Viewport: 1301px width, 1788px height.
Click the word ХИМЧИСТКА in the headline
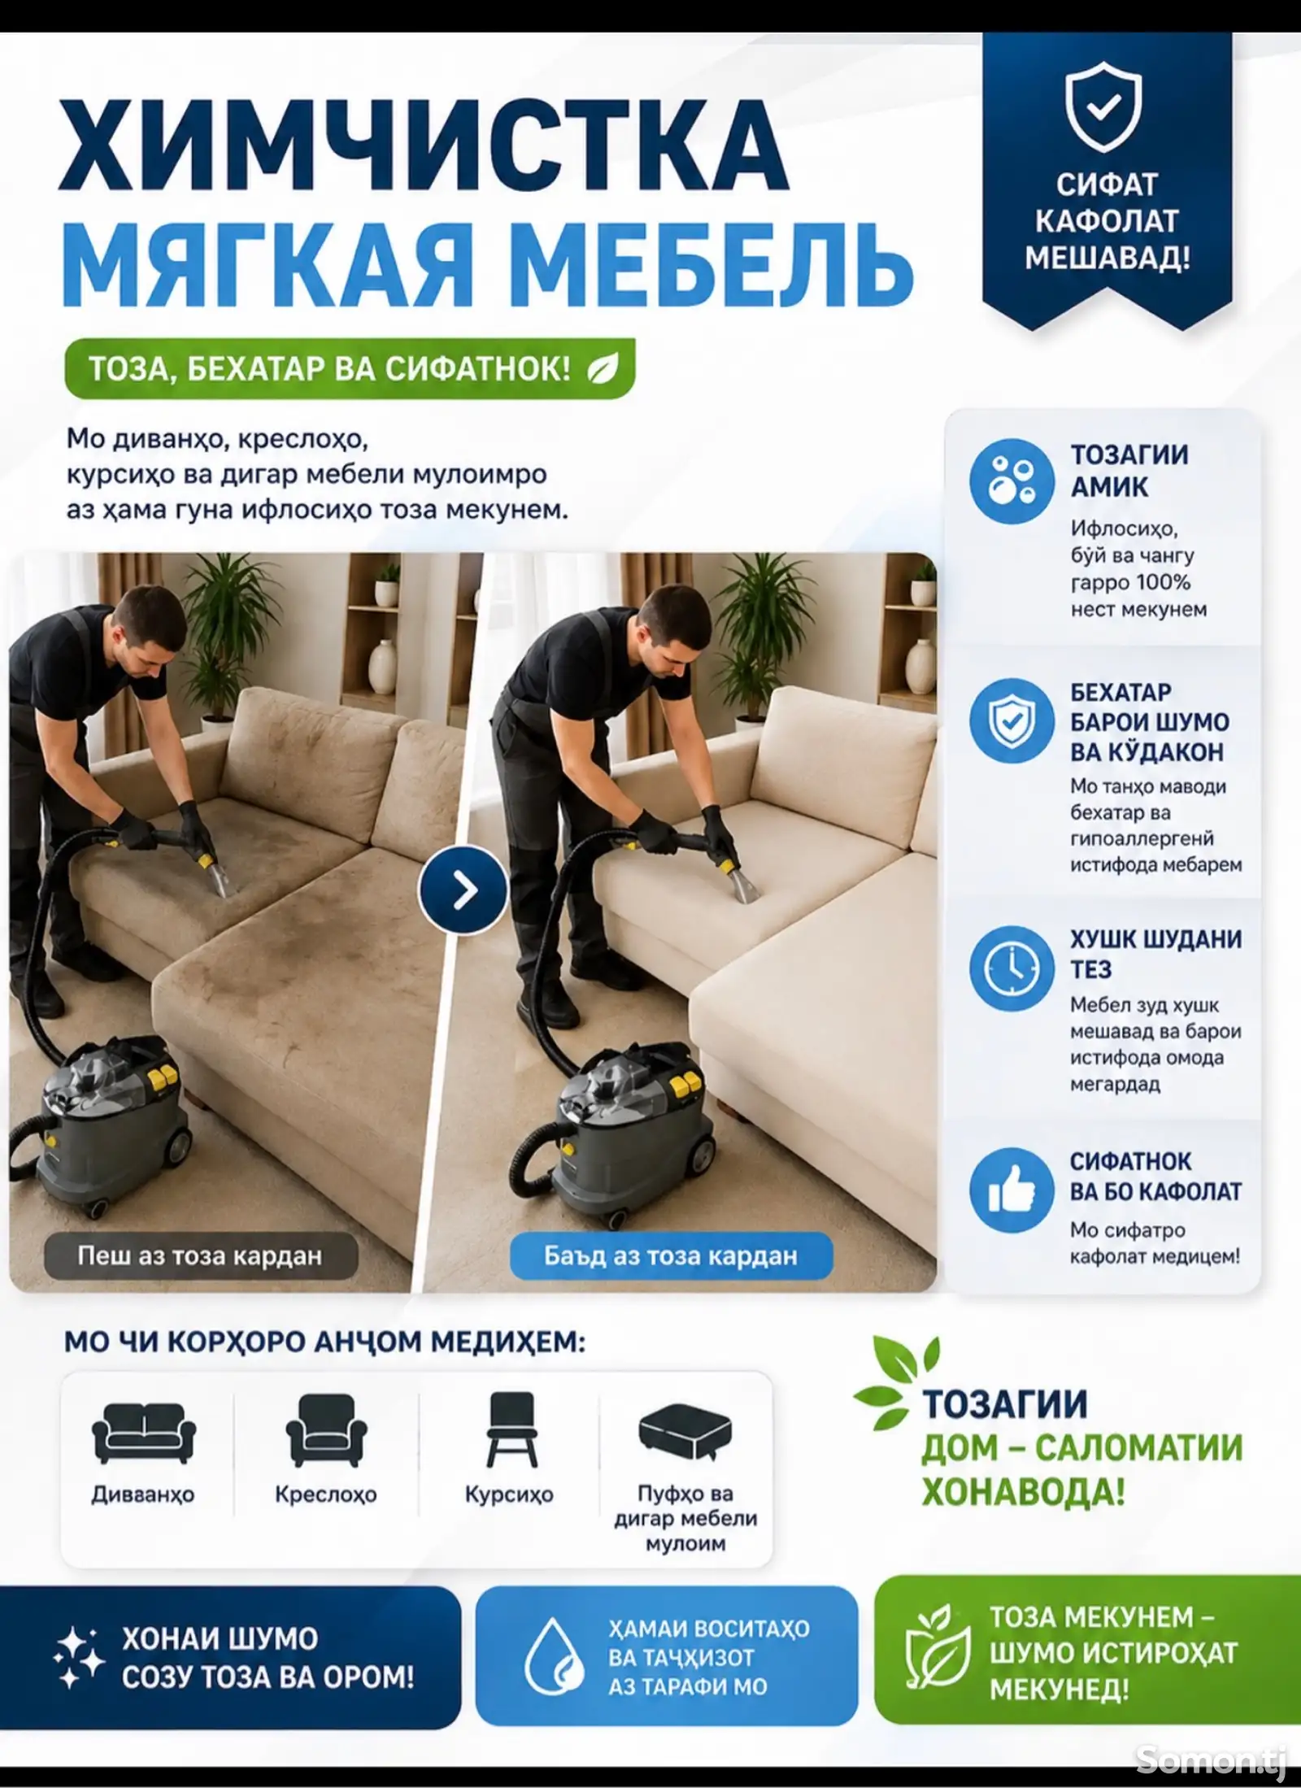click(423, 146)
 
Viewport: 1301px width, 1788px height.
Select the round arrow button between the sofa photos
click(463, 890)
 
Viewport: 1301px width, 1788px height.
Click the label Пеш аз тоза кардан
click(200, 1256)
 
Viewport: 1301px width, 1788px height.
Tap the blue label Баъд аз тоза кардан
click(671, 1256)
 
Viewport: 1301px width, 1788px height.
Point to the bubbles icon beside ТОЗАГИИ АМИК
click(1012, 481)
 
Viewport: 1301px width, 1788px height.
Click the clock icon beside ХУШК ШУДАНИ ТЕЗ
click(1012, 968)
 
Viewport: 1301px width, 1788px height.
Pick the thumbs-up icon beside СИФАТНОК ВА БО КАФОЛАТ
click(1012, 1190)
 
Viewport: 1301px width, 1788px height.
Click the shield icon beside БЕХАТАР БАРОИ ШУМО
click(1012, 720)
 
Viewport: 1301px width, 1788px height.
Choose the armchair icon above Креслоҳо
click(326, 1431)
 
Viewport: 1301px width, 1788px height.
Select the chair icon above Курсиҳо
click(511, 1430)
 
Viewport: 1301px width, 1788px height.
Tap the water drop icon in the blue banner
click(553, 1655)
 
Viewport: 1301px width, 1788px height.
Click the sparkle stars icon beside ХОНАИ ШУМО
click(78, 1657)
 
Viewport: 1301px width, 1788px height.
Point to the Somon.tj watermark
click(1212, 1760)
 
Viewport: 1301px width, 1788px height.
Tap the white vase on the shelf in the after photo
click(920, 666)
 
